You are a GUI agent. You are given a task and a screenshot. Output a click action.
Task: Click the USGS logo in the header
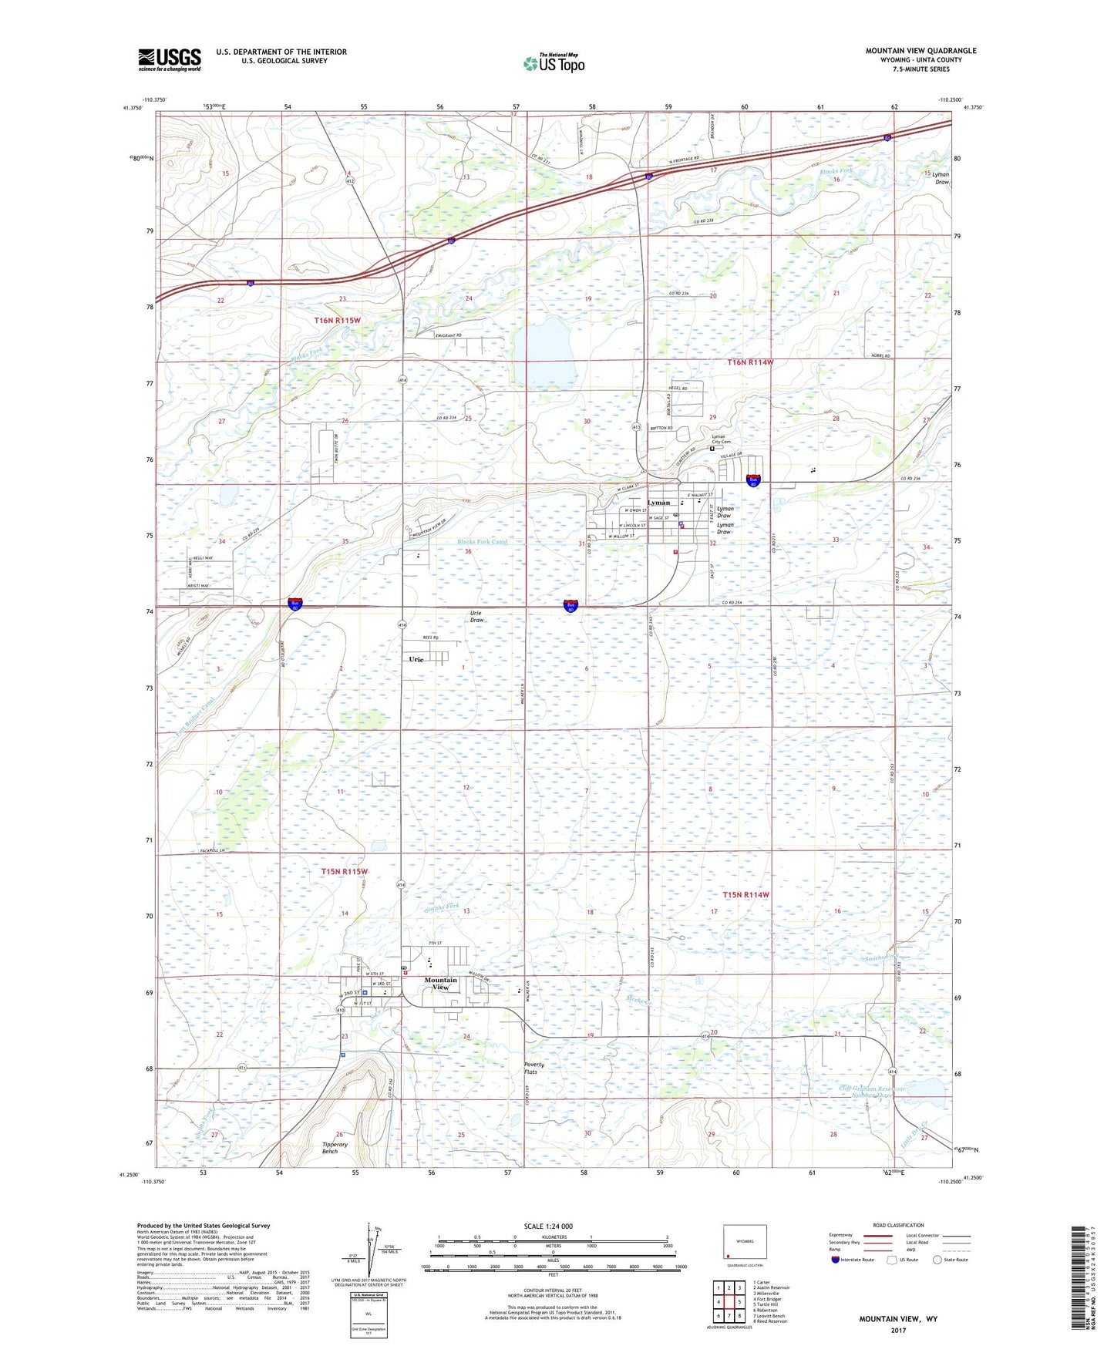[169, 59]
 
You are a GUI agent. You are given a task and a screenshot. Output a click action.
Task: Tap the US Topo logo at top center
[554, 63]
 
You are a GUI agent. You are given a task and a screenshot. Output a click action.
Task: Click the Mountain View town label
[440, 984]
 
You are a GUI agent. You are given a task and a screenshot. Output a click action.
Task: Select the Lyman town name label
[659, 503]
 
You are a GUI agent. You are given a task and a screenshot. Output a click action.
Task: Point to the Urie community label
[416, 659]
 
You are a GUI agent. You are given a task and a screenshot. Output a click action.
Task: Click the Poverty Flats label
[534, 1068]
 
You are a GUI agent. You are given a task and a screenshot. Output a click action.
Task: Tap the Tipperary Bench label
[335, 1148]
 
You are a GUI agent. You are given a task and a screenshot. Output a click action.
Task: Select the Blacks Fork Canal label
[483, 541]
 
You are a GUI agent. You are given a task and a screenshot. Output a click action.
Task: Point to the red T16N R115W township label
[337, 320]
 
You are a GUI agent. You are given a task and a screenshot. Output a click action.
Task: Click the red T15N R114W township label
[745, 894]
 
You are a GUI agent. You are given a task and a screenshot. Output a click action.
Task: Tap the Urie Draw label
[477, 616]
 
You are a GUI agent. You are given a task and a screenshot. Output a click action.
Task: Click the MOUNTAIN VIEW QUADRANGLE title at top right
[920, 51]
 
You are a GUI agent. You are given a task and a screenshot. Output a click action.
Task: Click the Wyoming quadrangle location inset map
[745, 1243]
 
